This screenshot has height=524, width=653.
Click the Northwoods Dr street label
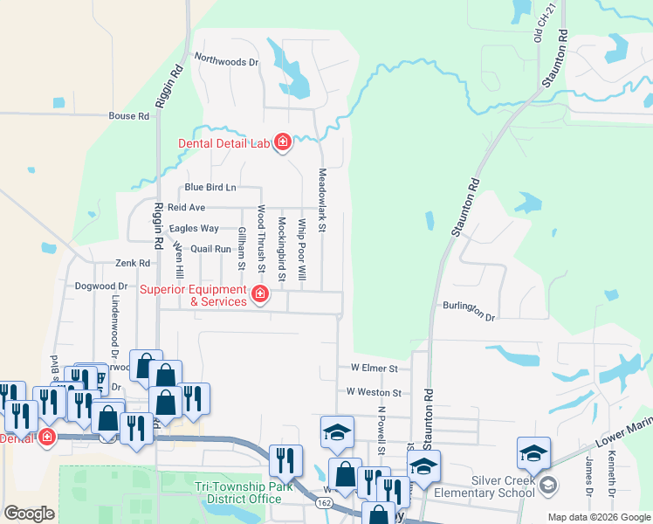point(227,61)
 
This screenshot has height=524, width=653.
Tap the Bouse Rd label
point(128,116)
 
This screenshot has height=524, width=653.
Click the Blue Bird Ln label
point(210,188)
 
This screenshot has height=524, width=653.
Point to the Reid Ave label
point(186,208)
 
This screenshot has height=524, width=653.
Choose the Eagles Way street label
point(194,228)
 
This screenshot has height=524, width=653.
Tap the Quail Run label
point(210,248)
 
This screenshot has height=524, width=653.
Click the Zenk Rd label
point(133,263)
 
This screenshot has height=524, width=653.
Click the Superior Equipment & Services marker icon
point(259,295)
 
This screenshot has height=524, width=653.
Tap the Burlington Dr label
point(469,312)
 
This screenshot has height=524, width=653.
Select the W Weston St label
point(374,394)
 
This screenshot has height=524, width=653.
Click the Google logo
point(29,514)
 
